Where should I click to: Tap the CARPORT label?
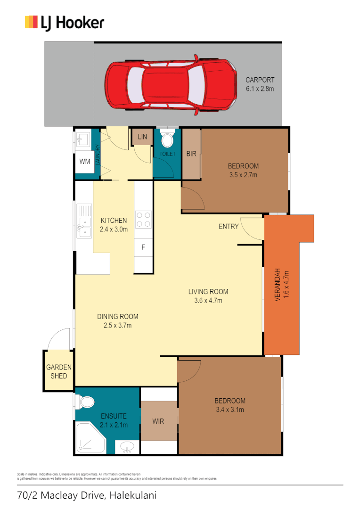click(x=260, y=80)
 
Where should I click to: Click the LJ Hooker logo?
click(x=65, y=22)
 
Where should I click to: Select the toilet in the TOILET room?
click(x=167, y=140)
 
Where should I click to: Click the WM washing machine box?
click(x=84, y=162)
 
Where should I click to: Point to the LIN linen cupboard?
click(x=142, y=137)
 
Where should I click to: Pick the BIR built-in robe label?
click(x=191, y=154)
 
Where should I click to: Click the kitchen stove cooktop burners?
click(x=143, y=219)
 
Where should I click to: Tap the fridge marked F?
click(x=143, y=247)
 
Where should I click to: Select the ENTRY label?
click(x=229, y=227)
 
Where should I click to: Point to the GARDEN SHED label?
click(x=59, y=372)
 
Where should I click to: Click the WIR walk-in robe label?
click(x=158, y=421)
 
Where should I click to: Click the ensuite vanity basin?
click(x=126, y=446)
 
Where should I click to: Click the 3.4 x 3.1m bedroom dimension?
click(x=229, y=410)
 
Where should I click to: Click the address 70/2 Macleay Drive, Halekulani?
click(x=86, y=495)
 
